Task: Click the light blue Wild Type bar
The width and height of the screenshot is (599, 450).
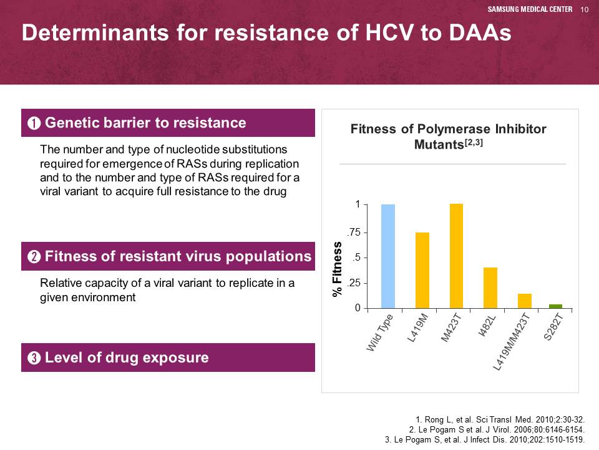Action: tap(387, 256)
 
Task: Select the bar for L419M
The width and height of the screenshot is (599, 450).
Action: tap(422, 270)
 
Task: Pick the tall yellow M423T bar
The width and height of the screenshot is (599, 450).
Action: tap(456, 256)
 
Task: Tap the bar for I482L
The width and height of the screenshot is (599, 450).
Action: tap(490, 287)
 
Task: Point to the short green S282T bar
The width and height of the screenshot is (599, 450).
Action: tap(555, 306)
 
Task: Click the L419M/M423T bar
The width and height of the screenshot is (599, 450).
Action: tap(525, 301)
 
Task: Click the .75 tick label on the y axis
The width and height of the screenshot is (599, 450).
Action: tap(354, 232)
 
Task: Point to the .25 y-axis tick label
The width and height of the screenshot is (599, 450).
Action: tap(354, 283)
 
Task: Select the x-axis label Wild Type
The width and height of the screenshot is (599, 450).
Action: tap(379, 332)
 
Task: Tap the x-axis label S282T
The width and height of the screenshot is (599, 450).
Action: tap(553, 327)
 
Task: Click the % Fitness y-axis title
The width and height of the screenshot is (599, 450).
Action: tap(337, 269)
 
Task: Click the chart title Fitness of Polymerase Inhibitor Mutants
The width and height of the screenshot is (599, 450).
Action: tap(449, 136)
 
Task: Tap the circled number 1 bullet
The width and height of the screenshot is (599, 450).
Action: tap(34, 123)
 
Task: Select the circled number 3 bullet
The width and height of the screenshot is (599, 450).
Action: tap(34, 357)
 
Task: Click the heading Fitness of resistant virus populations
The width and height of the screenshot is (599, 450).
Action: tap(178, 256)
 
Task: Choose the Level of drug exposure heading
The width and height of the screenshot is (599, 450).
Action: tap(127, 357)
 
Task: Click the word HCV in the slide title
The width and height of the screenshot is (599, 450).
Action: tap(389, 32)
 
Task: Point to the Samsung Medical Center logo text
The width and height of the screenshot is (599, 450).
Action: tap(530, 9)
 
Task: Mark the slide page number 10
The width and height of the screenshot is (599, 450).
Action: tap(585, 9)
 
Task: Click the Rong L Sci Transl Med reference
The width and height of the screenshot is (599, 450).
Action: tap(500, 420)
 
